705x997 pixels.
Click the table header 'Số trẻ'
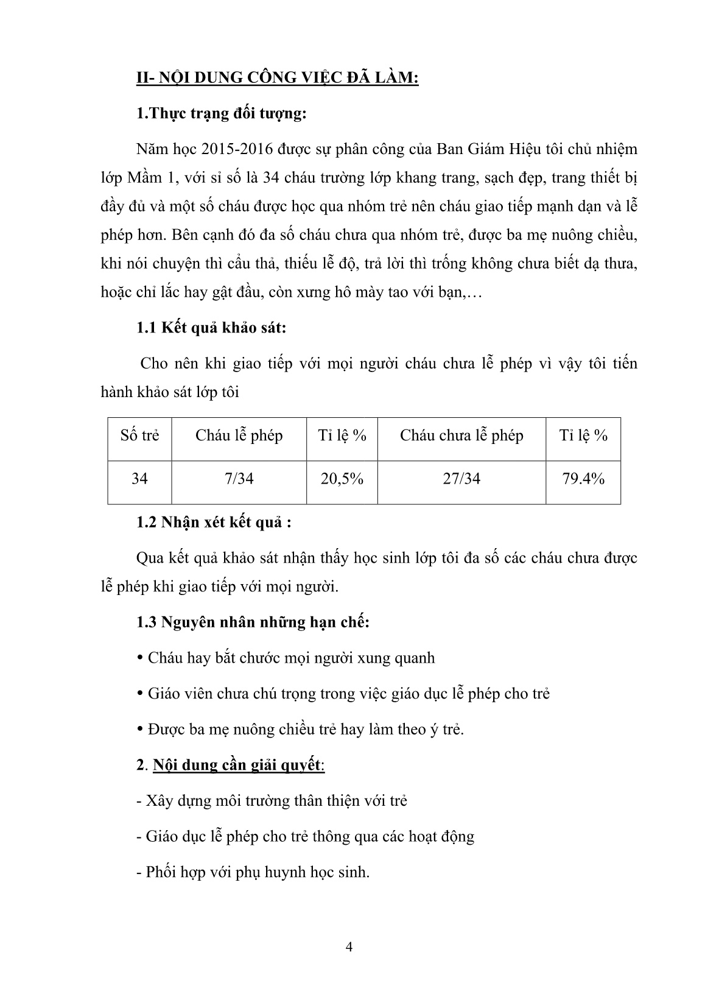coord(139,436)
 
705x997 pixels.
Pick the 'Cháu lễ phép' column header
coord(239,436)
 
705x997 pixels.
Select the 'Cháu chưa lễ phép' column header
coord(461,436)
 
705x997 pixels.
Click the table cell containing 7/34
coord(239,479)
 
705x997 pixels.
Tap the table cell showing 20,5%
coord(342,479)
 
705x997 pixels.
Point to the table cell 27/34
coord(461,479)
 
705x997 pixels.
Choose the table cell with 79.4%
coord(583,479)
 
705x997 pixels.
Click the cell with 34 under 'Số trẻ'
coord(139,479)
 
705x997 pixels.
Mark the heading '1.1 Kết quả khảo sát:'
coord(211,328)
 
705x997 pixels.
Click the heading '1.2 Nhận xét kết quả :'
coord(214,523)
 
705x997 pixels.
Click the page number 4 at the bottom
coord(349,947)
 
